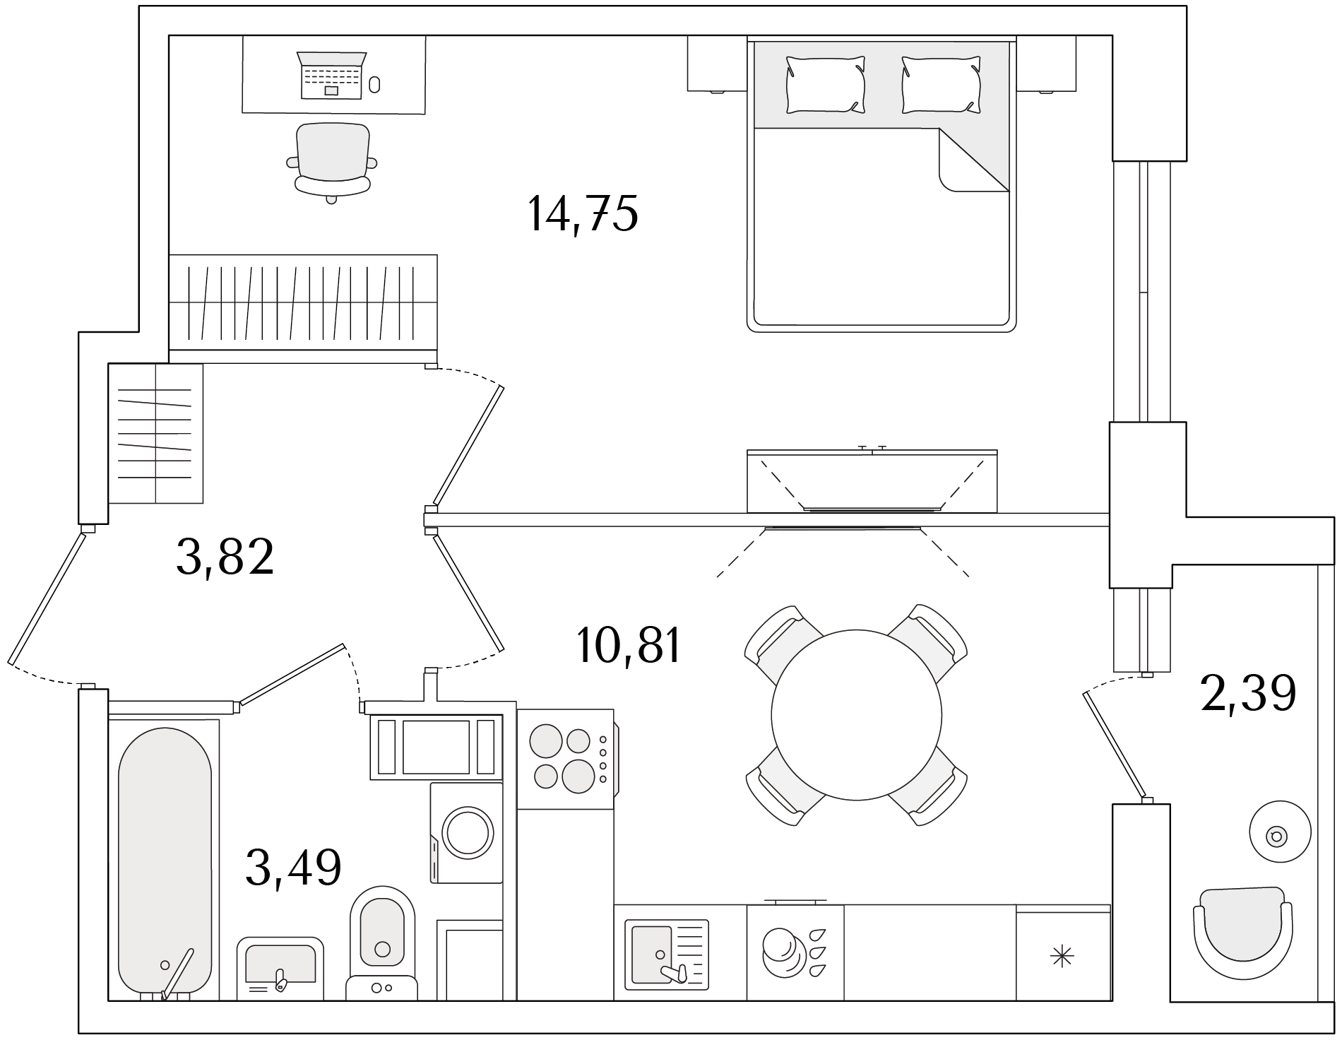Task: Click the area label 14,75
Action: (x=583, y=213)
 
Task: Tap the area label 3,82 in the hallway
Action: (x=225, y=557)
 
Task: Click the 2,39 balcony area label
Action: (x=1248, y=693)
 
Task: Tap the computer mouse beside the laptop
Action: (x=374, y=85)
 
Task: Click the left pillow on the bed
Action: (x=825, y=85)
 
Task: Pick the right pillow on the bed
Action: (x=942, y=85)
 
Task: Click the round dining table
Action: (x=857, y=714)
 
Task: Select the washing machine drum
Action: (x=466, y=833)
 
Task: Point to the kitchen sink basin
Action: (x=652, y=955)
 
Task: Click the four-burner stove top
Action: (x=566, y=759)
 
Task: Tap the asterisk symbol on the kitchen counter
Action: (x=1062, y=957)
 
